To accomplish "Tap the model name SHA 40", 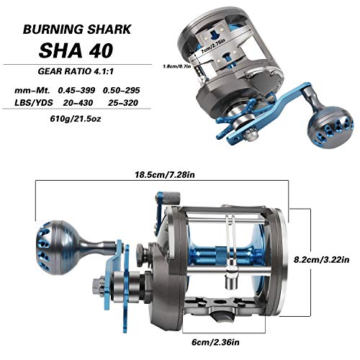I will click(x=78, y=55).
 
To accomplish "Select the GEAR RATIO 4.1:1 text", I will click(x=78, y=73).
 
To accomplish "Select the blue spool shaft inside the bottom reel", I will click(x=234, y=253).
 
